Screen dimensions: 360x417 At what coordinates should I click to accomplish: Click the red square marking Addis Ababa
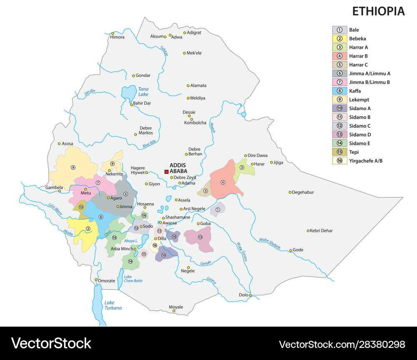(166, 171)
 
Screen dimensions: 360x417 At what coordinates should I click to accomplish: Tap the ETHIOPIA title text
(378, 11)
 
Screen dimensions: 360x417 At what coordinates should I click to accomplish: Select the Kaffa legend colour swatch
(339, 91)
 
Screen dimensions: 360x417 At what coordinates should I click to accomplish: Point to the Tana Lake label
(143, 92)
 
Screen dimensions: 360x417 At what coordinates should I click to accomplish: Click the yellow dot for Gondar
(133, 76)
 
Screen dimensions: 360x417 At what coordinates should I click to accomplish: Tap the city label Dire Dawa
(258, 156)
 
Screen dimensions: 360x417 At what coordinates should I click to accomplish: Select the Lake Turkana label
(113, 305)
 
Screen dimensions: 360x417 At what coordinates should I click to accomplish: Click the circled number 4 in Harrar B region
(223, 182)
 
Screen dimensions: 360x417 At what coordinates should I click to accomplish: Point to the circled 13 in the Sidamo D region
(200, 237)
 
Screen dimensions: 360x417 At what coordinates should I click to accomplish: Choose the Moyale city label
(176, 307)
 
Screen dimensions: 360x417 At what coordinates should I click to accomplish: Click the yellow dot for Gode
(291, 250)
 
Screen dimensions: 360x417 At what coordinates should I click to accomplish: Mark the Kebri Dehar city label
(322, 231)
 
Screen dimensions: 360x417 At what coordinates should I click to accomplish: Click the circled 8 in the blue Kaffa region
(100, 217)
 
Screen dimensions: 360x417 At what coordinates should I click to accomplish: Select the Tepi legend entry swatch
(339, 152)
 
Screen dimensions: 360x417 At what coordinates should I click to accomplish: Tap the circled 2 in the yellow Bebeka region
(88, 228)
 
